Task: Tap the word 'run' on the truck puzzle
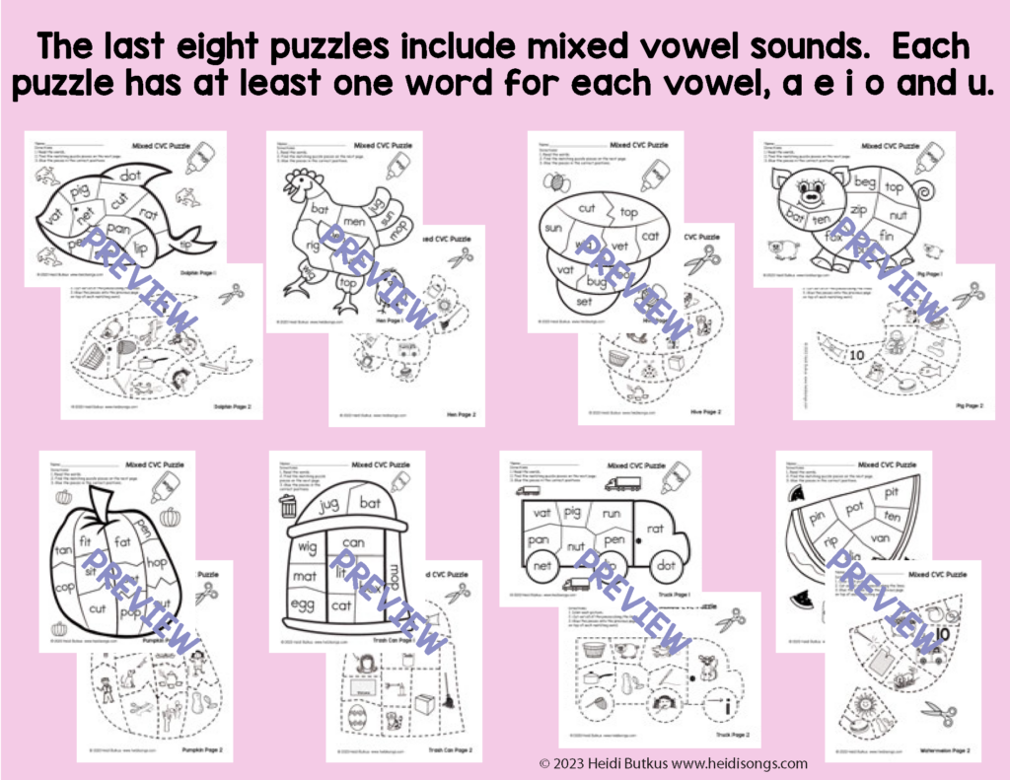point(612,512)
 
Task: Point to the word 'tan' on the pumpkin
point(62,549)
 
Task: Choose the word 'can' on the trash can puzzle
point(354,541)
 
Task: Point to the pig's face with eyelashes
point(816,185)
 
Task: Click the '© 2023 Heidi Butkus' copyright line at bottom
point(673,763)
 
